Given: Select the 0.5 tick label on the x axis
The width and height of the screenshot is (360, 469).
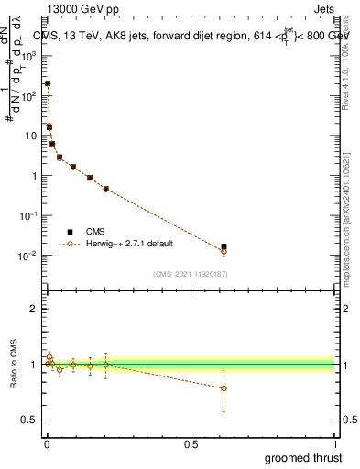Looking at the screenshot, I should tap(191, 445).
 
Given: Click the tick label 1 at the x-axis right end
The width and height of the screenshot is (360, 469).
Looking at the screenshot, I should tap(336, 445).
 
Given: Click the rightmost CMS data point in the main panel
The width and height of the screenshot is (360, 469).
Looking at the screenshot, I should tap(224, 246).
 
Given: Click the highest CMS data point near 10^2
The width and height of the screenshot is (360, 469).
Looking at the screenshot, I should tap(48, 83).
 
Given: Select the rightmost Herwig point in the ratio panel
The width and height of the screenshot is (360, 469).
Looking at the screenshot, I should tap(224, 388).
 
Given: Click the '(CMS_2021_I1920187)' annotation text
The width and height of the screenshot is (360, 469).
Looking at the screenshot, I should tap(191, 274).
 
